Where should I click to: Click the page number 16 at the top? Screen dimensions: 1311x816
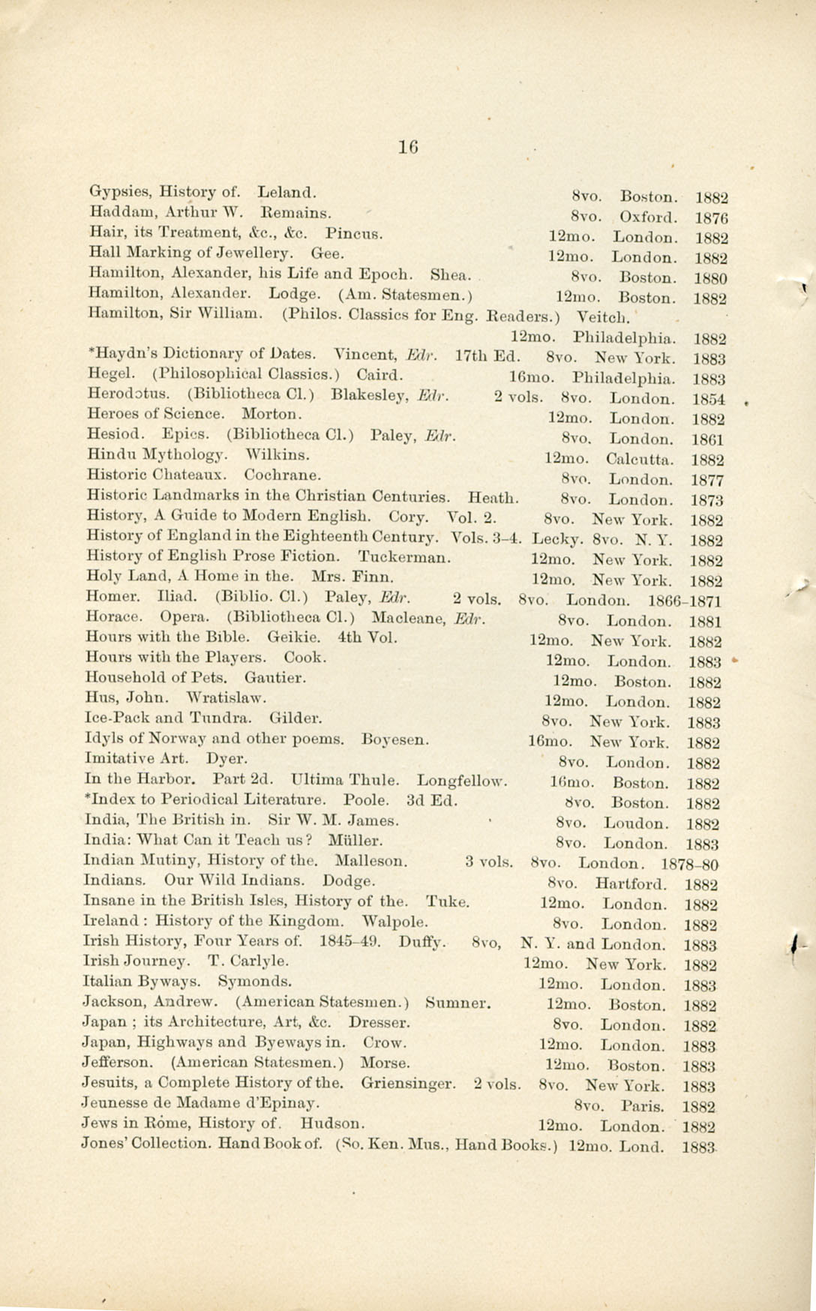coord(409,147)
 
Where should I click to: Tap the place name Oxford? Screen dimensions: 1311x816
coord(649,218)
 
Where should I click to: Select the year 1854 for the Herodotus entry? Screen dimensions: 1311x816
coord(709,399)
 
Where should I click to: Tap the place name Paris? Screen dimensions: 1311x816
coord(643,1106)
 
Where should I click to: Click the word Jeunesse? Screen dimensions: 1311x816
coord(116,1103)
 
